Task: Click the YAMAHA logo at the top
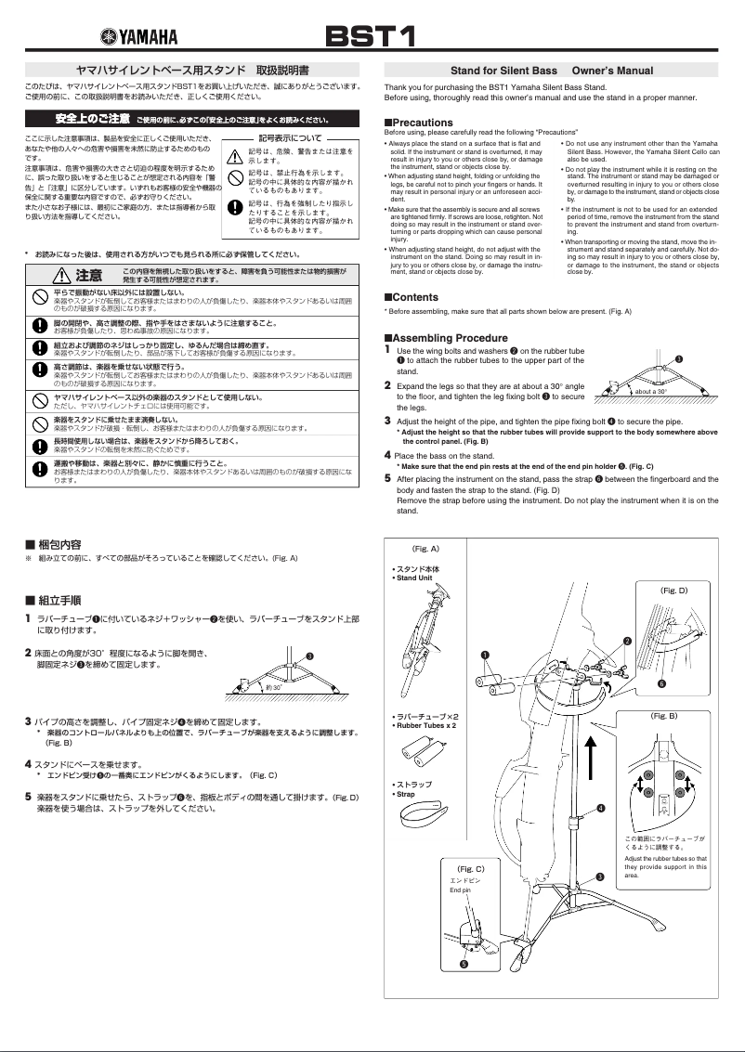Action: [138, 36]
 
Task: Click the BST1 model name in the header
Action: [368, 36]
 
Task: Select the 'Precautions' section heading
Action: [418, 123]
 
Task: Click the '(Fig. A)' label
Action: [425, 549]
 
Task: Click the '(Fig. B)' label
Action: [664, 716]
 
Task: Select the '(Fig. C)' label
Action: [472, 868]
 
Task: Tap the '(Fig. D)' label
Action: [673, 590]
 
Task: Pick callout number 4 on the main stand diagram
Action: [600, 809]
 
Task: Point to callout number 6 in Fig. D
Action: [661, 683]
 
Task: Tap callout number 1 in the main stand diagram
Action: [485, 655]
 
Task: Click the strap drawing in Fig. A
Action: [423, 815]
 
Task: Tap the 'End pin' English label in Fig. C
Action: [461, 890]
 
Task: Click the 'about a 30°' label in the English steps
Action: [651, 392]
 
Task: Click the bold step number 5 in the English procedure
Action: [388, 479]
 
